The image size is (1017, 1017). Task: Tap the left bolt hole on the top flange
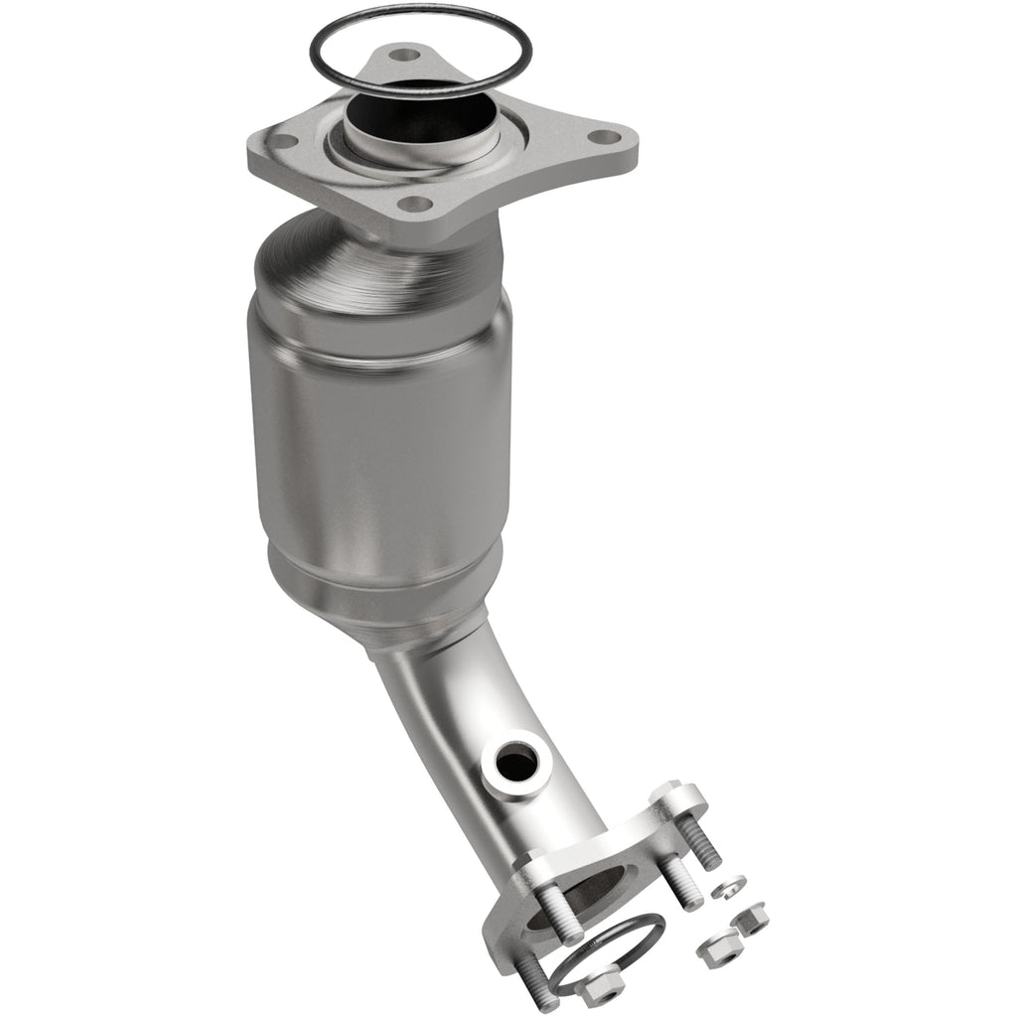(x=283, y=141)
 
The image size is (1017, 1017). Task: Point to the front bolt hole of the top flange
(x=416, y=205)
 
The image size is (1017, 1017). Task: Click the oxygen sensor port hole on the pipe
(x=518, y=763)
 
